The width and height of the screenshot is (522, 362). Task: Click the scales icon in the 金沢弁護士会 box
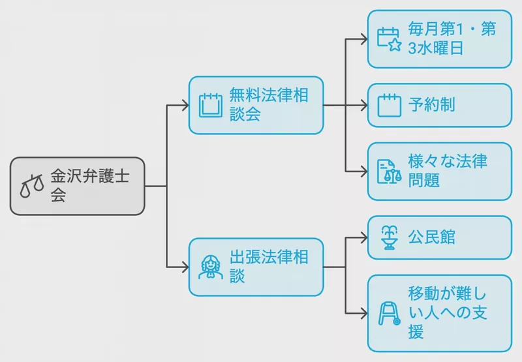[x=32, y=186]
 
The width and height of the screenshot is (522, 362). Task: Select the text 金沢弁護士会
[x=90, y=186]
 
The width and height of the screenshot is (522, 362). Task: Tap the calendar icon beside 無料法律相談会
[x=210, y=106]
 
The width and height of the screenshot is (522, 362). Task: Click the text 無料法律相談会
[x=269, y=104]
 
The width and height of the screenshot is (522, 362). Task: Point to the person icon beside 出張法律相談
[x=210, y=267]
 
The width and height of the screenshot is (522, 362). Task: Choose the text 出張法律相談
[x=269, y=267]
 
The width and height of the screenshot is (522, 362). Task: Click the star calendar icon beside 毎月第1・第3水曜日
[x=389, y=39]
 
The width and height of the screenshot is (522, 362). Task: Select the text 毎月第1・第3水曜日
[x=452, y=38]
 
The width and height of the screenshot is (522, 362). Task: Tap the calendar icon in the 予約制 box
[x=389, y=105]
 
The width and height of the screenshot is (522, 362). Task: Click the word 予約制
[x=431, y=105]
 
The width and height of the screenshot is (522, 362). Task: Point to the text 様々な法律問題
[x=448, y=171]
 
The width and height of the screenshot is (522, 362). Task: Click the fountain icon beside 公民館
[x=389, y=237]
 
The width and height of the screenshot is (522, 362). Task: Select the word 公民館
[x=431, y=237]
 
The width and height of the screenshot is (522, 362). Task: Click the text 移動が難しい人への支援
[x=448, y=313]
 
